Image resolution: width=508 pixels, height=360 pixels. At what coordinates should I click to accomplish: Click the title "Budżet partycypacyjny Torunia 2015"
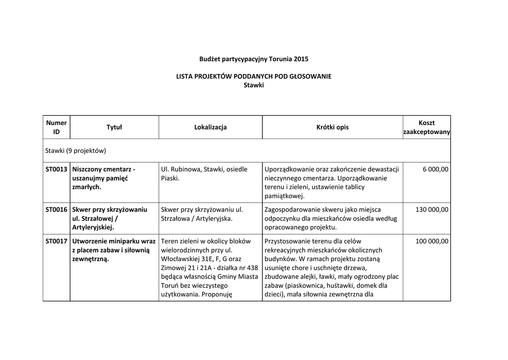click(254, 59)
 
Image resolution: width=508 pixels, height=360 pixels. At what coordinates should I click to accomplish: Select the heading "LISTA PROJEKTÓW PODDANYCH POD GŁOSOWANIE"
click(254, 76)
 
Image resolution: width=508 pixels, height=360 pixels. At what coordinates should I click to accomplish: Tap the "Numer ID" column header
click(56, 127)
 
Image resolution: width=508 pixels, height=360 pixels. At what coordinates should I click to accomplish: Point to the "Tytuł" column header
click(114, 127)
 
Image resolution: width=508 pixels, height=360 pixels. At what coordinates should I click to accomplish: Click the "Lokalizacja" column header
click(210, 127)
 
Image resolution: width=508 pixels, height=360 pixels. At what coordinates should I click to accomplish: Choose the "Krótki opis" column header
click(332, 127)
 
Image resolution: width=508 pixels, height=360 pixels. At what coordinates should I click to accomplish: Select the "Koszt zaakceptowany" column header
click(426, 127)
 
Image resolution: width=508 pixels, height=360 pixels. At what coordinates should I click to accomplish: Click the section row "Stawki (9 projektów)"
click(76, 150)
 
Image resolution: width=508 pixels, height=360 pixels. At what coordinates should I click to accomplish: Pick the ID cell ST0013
click(56, 169)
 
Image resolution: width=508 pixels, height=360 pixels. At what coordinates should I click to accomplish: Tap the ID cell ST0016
click(56, 210)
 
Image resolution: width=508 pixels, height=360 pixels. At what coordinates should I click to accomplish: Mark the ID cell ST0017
click(56, 241)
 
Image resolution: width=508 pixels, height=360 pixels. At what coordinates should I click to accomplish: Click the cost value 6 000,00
click(436, 169)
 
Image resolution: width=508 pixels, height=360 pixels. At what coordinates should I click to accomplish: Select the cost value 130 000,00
click(432, 210)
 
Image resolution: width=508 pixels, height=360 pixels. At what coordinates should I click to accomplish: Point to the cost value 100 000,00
click(432, 241)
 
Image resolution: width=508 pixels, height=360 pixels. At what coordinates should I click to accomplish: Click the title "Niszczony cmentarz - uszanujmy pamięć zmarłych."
click(104, 178)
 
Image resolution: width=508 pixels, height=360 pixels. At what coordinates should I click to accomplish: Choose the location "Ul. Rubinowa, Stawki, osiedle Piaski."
click(204, 173)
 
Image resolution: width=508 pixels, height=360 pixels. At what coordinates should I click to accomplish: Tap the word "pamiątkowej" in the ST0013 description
click(284, 196)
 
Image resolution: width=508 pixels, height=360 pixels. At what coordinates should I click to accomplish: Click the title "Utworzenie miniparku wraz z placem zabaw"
click(114, 246)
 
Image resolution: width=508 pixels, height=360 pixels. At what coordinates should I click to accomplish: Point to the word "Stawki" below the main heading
click(254, 85)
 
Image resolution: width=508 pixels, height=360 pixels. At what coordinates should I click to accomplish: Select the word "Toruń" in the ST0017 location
click(170, 286)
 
